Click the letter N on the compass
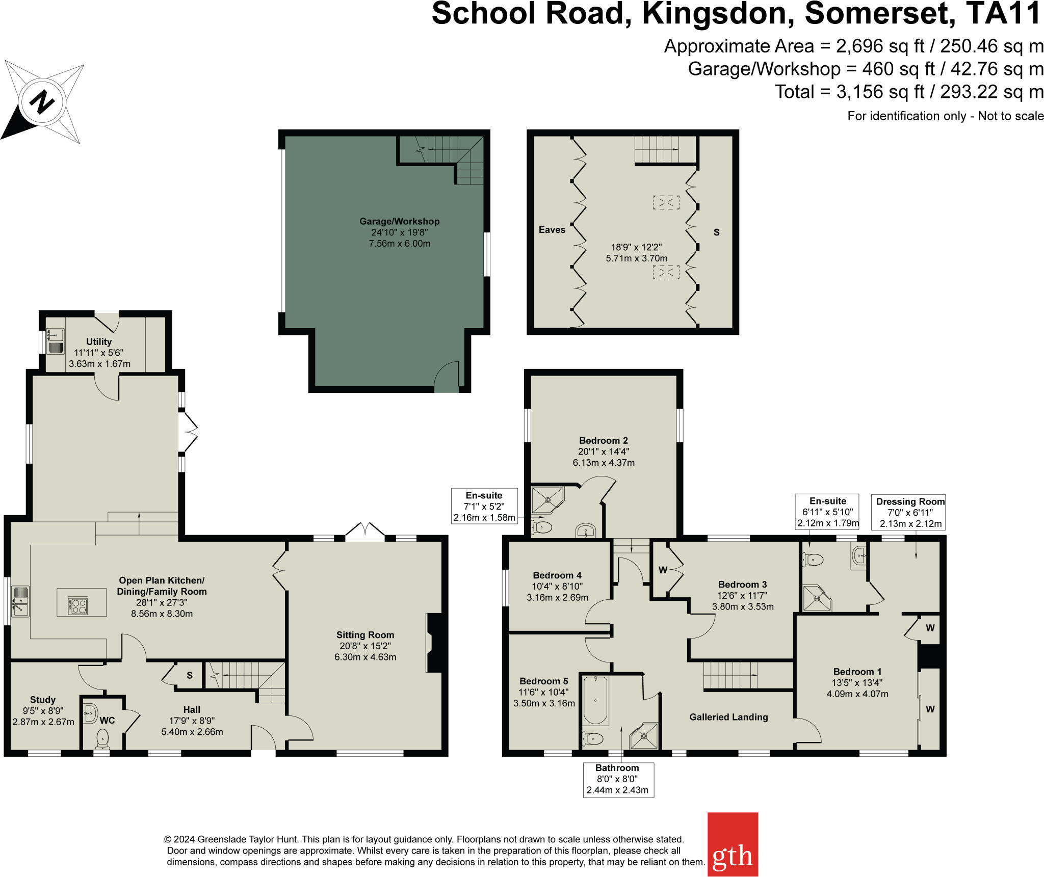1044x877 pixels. pos(42,102)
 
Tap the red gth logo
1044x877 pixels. pos(732,844)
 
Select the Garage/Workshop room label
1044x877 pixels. pos(399,221)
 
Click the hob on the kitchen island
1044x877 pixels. pos(78,606)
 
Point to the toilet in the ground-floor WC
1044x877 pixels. pos(102,738)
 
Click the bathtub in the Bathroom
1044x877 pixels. pos(595,700)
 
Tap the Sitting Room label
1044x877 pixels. pos(365,635)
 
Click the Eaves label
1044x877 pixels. pos(552,230)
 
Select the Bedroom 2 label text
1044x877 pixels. pos(603,440)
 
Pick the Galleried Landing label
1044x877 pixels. pos(728,717)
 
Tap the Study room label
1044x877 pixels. pos(43,700)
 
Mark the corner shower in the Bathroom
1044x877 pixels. pos(644,736)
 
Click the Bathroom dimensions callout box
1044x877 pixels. pos(617,779)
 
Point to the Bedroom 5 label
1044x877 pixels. pos(543,681)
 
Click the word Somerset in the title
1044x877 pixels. pos(880,14)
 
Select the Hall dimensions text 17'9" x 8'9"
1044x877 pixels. pos(192,721)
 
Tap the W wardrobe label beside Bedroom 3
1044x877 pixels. pos(663,570)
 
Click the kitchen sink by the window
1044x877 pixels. pos(20,601)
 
